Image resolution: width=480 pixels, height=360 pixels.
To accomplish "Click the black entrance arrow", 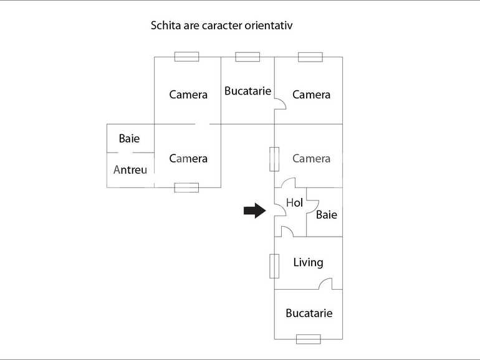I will pyautogui.click(x=254, y=211).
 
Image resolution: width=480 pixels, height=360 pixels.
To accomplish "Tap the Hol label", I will pyautogui.click(x=294, y=202).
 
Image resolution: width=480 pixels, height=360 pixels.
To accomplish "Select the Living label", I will pyautogui.click(x=308, y=262).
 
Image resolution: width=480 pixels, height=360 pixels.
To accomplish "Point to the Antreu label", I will pyautogui.click(x=130, y=169).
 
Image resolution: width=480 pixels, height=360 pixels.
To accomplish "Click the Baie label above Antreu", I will pyautogui.click(x=129, y=138).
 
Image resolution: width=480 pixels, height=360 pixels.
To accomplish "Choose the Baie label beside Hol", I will pyautogui.click(x=327, y=215).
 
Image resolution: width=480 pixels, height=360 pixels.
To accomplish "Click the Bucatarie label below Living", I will pyautogui.click(x=309, y=313).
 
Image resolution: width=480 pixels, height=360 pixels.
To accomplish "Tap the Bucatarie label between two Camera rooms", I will pyautogui.click(x=247, y=91).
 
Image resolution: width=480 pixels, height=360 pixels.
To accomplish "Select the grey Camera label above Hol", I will pyautogui.click(x=311, y=158).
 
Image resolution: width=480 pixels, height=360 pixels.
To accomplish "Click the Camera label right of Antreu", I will pyautogui.click(x=188, y=158).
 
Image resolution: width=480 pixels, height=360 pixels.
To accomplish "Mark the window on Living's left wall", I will pyautogui.click(x=274, y=266).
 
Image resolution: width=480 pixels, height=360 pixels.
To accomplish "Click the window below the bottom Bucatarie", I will pyautogui.click(x=308, y=339).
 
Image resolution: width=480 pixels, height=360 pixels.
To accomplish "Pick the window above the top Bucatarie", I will pyautogui.click(x=247, y=57).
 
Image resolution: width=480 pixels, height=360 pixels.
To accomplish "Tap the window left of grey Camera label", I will pyautogui.click(x=274, y=159).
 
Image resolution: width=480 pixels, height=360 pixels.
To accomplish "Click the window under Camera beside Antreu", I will pyautogui.click(x=186, y=187).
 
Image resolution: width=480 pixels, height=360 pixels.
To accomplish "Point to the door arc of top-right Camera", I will pyautogui.click(x=280, y=104).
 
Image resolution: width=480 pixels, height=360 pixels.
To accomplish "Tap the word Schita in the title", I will pyautogui.click(x=163, y=26).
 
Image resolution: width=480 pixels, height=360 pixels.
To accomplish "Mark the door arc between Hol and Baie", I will pyautogui.click(x=312, y=205).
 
